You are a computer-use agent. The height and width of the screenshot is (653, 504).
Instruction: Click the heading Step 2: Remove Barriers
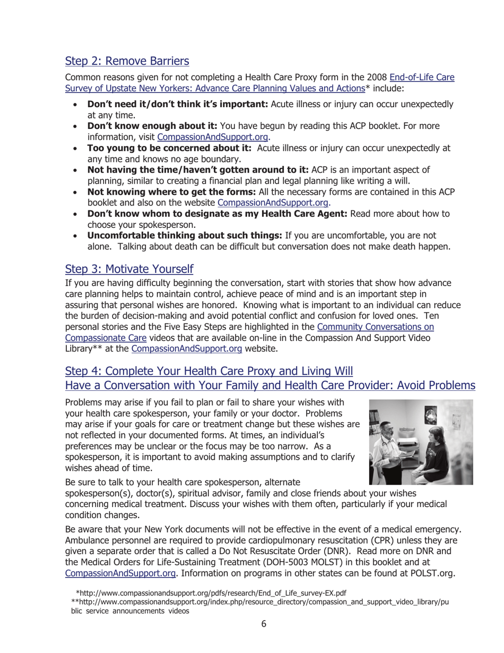[127, 61]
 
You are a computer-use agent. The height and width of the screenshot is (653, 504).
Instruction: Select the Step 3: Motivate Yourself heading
[129, 269]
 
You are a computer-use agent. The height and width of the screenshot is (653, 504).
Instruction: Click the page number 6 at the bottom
[264, 624]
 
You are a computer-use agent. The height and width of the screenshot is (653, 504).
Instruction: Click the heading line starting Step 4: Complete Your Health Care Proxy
[208, 371]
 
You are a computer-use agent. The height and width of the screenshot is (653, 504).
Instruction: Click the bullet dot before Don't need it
[77, 105]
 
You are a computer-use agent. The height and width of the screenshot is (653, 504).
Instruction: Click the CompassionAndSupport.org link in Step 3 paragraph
[187, 349]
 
